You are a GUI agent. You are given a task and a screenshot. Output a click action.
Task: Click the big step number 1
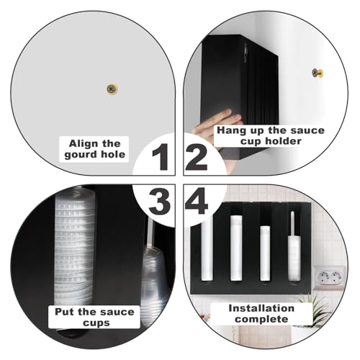161,157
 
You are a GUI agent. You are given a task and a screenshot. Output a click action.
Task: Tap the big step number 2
197,157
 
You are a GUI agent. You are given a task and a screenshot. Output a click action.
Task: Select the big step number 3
160,201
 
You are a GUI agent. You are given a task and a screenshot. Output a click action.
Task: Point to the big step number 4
196,201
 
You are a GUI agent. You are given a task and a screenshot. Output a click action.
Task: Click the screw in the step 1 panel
112,89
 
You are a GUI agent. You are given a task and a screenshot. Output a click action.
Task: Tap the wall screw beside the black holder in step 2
318,73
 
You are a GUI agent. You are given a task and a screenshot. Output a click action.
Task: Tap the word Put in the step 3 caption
64,312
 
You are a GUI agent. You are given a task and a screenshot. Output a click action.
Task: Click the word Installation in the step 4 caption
261,308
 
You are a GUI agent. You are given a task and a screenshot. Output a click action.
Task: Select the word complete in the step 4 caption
261,319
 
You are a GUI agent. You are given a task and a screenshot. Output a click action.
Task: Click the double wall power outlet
330,278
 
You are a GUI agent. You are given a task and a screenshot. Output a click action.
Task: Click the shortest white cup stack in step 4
265,253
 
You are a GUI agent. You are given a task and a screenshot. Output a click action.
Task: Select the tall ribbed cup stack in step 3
74,247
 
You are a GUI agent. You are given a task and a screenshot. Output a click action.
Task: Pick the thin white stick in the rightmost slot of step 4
292,224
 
